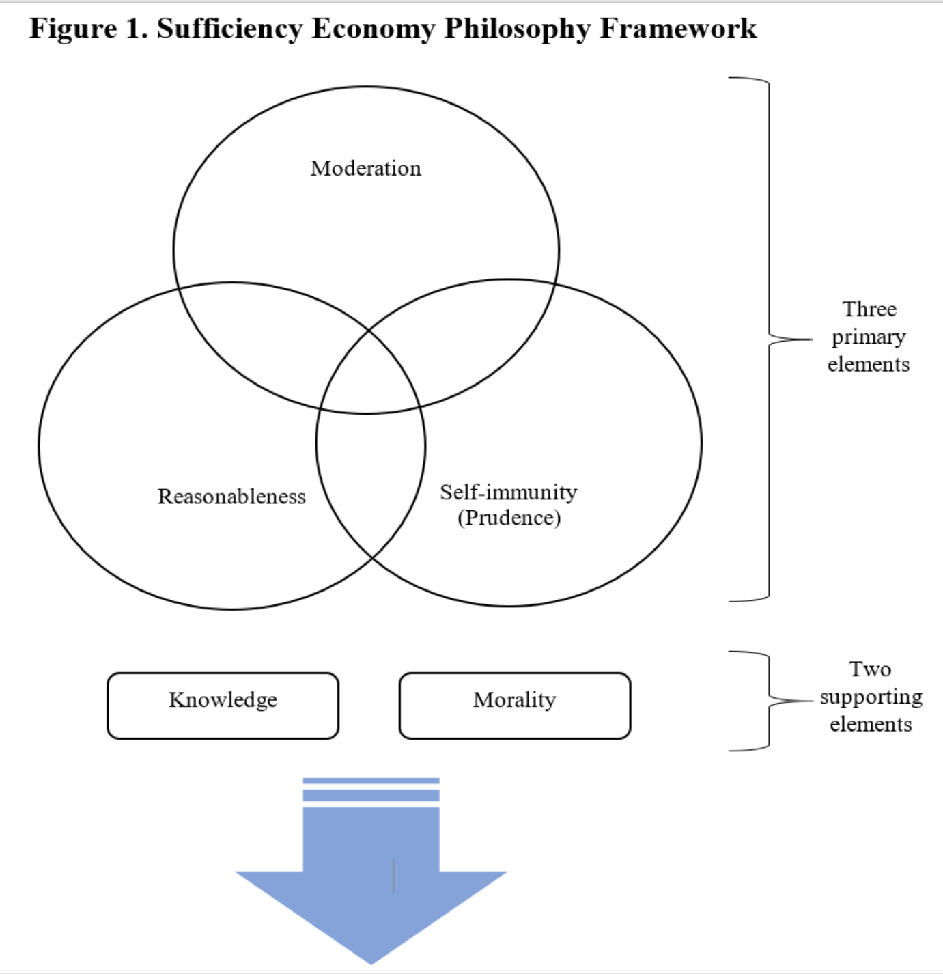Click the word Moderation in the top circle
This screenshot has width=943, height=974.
coord(366,168)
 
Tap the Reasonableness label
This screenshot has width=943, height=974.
coord(231,497)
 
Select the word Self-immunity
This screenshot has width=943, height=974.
coord(509,492)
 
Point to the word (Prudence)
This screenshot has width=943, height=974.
coord(509,518)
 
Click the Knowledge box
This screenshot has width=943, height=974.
coord(223,706)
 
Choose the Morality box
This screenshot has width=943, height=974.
coord(515,706)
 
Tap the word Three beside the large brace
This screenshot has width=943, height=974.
coord(869,309)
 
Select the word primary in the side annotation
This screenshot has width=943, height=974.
coord(869,337)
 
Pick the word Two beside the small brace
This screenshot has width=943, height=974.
coord(871,669)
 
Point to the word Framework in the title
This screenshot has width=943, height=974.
coord(678,28)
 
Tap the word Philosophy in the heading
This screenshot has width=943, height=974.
coord(518,29)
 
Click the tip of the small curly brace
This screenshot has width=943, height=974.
coord(813,701)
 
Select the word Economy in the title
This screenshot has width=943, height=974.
coord(374,29)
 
